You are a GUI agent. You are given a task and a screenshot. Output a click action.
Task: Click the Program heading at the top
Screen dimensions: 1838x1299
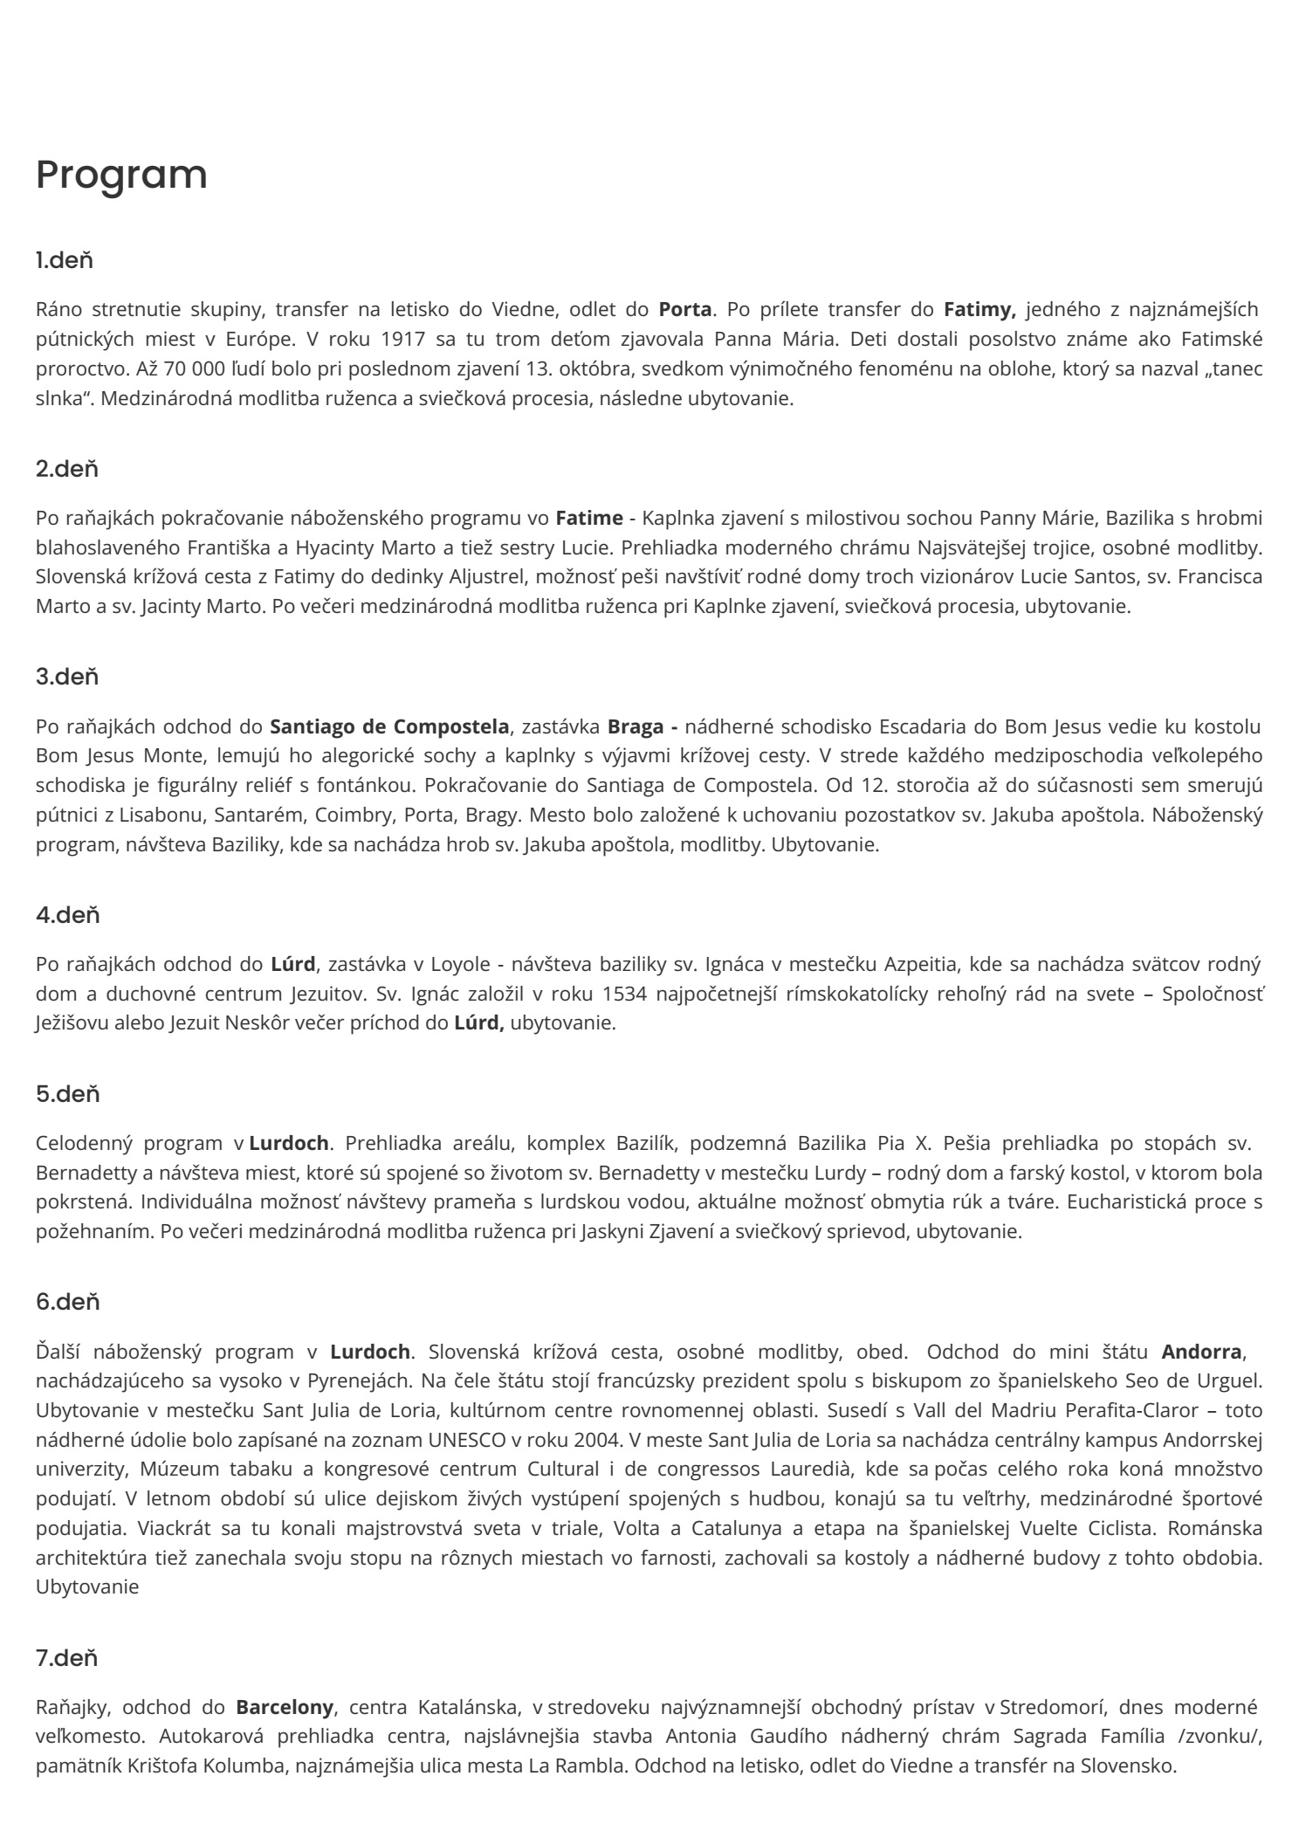121,175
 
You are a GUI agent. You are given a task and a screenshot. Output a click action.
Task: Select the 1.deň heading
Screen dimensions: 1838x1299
65,260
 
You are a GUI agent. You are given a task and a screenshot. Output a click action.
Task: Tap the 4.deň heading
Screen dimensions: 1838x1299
68,915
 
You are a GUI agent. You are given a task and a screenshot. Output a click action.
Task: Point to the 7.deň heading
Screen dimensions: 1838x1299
67,1657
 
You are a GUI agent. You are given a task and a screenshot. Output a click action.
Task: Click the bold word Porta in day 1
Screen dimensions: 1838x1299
685,309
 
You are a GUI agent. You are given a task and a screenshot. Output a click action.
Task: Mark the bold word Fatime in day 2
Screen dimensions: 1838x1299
589,518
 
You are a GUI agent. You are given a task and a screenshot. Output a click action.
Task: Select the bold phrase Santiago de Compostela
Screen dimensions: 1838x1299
389,726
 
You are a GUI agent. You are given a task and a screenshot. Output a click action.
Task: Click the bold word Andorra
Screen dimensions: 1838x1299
1201,1352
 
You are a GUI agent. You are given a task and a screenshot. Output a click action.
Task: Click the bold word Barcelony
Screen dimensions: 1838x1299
285,1706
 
